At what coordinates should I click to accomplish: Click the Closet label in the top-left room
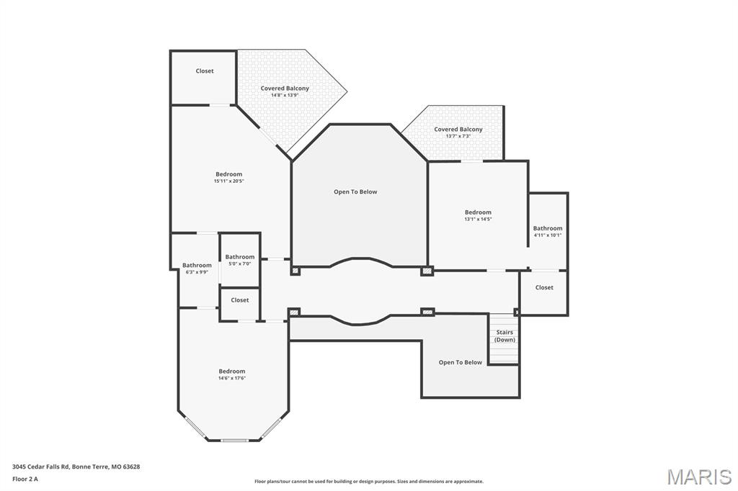tap(205, 71)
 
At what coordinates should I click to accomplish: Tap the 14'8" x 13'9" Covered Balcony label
tap(285, 89)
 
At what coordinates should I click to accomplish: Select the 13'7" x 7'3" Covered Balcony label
tap(458, 130)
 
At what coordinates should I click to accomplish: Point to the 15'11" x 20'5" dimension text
tap(228, 181)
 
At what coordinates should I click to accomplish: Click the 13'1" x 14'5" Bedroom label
tap(478, 212)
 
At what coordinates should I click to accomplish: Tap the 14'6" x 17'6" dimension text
tap(232, 378)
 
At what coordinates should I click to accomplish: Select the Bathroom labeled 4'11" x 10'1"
tap(548, 229)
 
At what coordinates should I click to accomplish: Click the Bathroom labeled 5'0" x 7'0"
tap(239, 257)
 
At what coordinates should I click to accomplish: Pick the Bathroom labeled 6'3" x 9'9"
tap(197, 266)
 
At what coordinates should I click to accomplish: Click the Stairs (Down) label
tap(504, 335)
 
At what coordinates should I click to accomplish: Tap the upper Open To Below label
tap(355, 192)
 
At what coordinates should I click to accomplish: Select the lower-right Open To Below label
tap(461, 363)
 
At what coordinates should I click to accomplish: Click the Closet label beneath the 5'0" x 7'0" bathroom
tap(240, 300)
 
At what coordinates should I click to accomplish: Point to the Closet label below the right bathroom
tap(544, 287)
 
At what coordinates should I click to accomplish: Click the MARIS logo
tap(699, 477)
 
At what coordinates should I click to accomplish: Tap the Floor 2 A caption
tap(25, 479)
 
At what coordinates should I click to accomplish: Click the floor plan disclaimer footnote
tap(369, 482)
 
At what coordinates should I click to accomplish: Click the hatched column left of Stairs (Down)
tap(428, 312)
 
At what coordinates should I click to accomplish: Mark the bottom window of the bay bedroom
tap(234, 440)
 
